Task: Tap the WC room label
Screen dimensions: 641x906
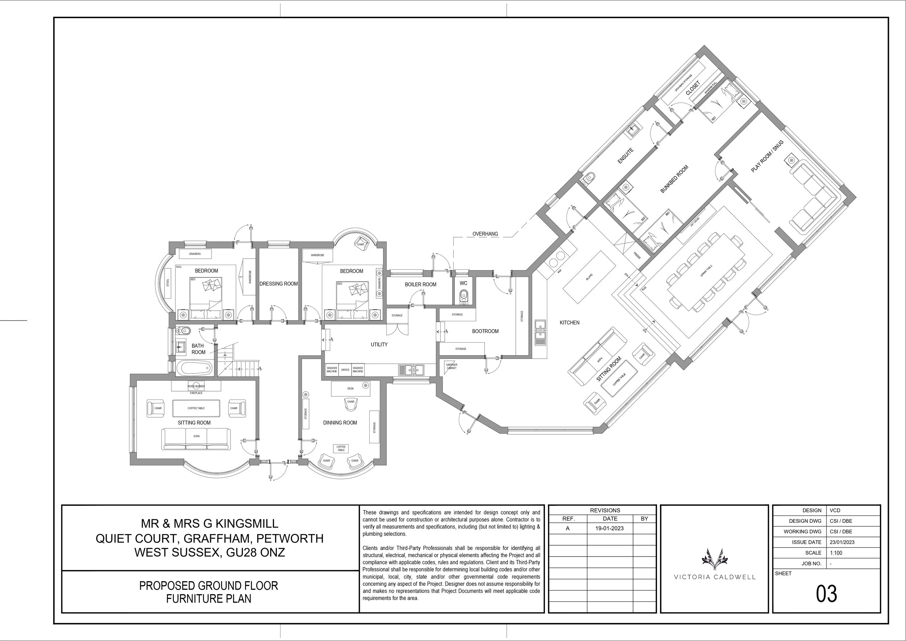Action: (x=463, y=284)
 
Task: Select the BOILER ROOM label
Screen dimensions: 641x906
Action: (x=420, y=285)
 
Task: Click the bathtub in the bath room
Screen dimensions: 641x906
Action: (x=194, y=369)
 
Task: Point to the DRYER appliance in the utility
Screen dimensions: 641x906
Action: (x=345, y=370)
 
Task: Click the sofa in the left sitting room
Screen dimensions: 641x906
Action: (x=196, y=439)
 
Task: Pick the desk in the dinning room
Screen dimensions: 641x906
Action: (x=350, y=388)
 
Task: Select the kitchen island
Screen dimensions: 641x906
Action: (x=589, y=277)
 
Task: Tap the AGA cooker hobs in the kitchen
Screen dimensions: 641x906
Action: (x=556, y=258)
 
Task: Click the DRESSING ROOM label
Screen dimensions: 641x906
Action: (x=279, y=284)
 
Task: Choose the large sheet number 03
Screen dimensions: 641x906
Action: (x=826, y=594)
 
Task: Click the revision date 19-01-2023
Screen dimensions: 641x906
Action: (x=610, y=529)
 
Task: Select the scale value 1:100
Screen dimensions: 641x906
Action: (x=836, y=553)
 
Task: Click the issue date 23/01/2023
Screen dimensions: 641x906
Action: (x=842, y=542)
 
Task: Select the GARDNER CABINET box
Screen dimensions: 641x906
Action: (x=451, y=366)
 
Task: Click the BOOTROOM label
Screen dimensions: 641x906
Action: (x=485, y=331)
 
